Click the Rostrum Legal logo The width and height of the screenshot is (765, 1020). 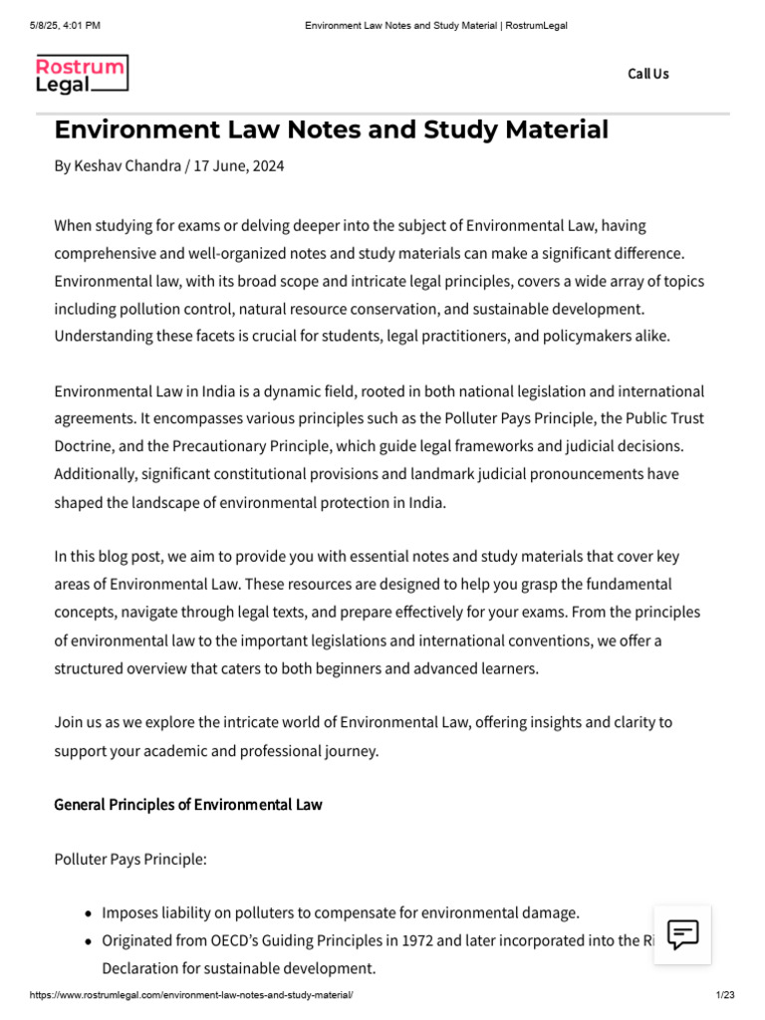[x=82, y=75]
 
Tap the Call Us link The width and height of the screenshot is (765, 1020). [x=647, y=74]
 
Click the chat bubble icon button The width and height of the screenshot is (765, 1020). [x=682, y=934]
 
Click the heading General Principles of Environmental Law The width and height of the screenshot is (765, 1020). [x=187, y=804]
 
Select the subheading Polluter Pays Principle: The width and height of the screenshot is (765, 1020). [x=129, y=859]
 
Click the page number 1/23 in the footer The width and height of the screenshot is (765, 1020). [x=724, y=995]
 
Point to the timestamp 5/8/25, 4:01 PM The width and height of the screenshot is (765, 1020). [x=65, y=25]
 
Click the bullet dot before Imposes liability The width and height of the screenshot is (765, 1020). [x=90, y=913]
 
